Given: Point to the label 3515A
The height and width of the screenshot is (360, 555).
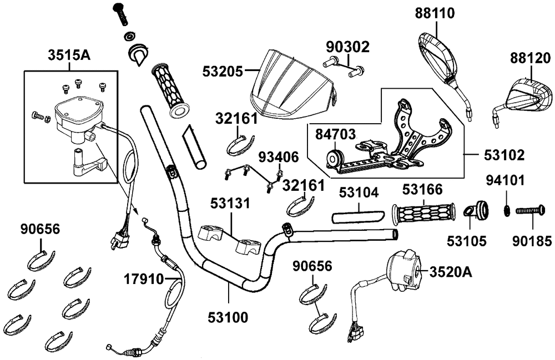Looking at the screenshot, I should click(69, 55).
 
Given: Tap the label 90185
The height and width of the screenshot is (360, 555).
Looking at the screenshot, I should click(532, 241).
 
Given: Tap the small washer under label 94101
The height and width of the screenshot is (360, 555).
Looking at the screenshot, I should click(507, 210).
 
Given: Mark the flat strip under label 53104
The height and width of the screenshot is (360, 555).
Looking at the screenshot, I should click(356, 214).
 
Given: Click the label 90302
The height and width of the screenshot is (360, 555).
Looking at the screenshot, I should click(347, 47).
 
